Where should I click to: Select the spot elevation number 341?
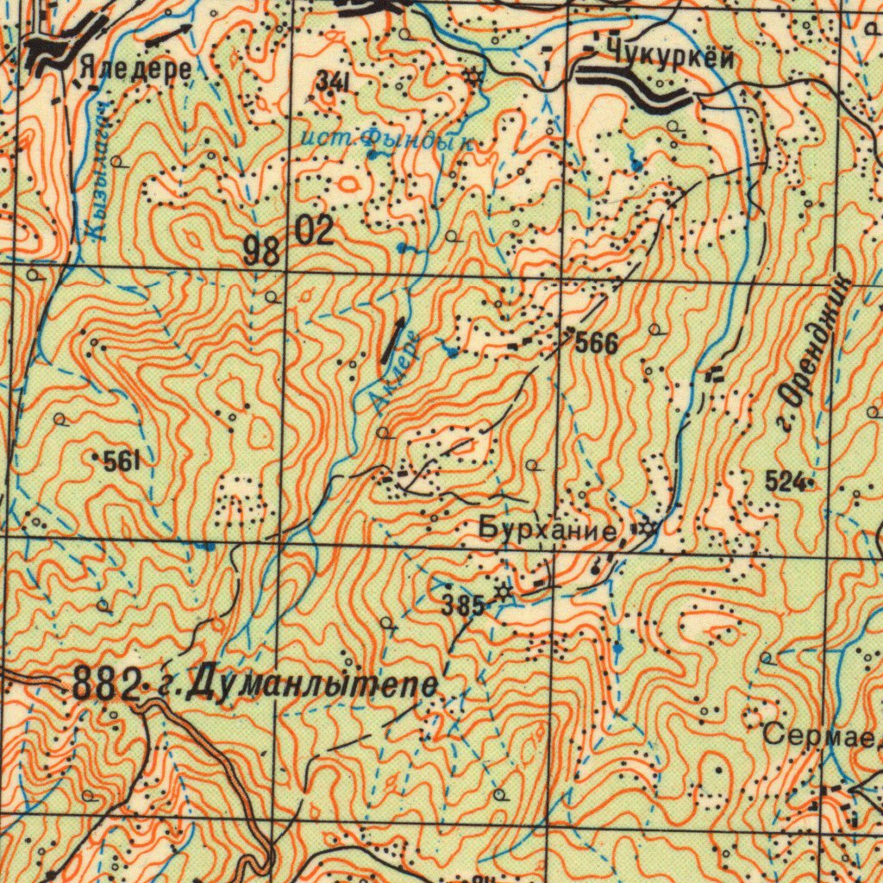tap(332, 82)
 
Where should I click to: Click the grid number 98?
tap(261, 252)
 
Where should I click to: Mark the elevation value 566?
tap(596, 343)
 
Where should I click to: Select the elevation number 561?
tap(122, 462)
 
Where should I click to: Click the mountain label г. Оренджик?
tap(813, 354)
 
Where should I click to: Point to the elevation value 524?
tap(786, 481)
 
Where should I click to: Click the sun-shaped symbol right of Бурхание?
tap(644, 527)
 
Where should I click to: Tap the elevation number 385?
tap(462, 605)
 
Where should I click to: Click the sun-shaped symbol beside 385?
tap(503, 592)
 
